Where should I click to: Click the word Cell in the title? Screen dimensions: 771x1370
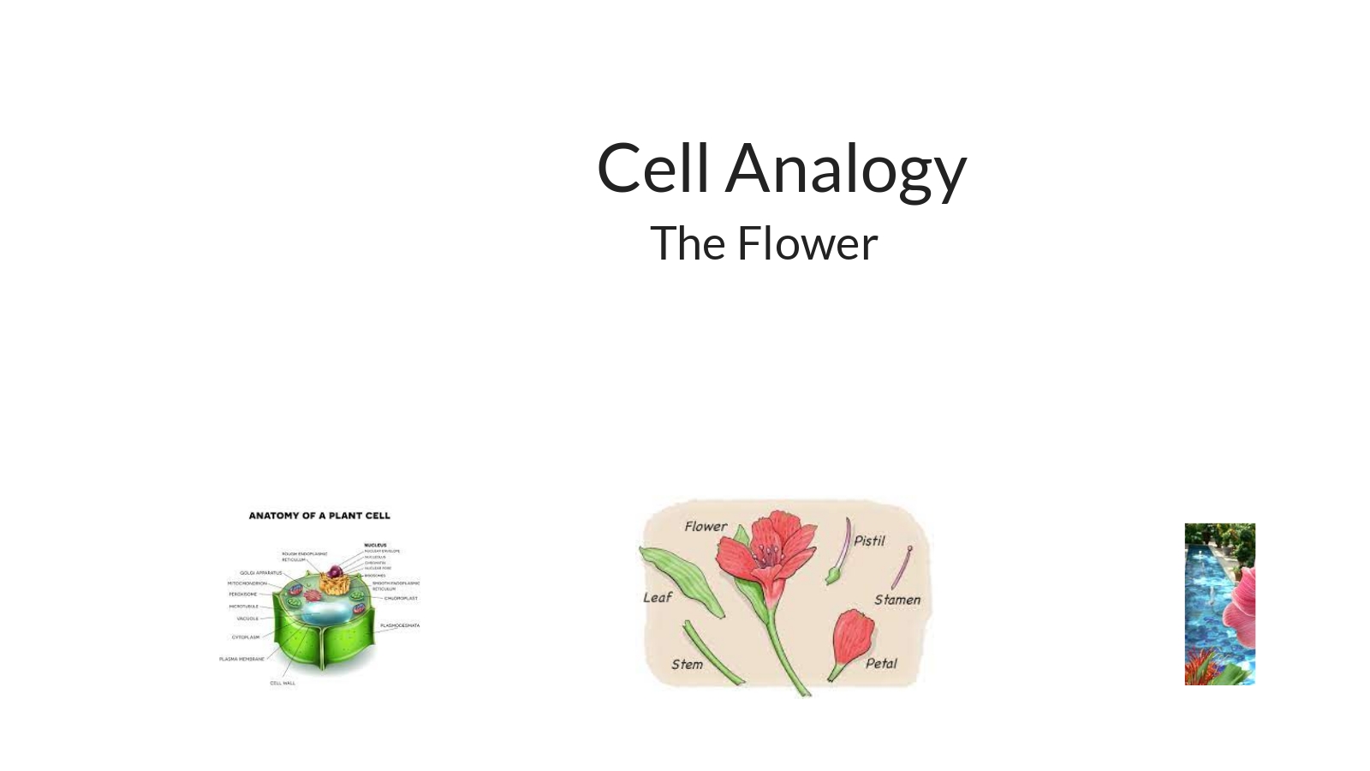pyautogui.click(x=652, y=168)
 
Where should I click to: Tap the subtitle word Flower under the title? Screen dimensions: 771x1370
pyautogui.click(x=807, y=243)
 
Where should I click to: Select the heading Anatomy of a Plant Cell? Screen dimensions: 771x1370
pyautogui.click(x=319, y=516)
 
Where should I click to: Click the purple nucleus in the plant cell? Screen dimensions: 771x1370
pyautogui.click(x=335, y=571)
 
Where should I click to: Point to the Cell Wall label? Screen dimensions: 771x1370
pyautogui.click(x=283, y=683)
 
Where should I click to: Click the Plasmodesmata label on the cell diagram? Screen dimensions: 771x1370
pyautogui.click(x=400, y=625)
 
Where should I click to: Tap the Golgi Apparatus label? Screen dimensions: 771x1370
pyautogui.click(x=260, y=573)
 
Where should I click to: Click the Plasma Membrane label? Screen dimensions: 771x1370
pyautogui.click(x=241, y=659)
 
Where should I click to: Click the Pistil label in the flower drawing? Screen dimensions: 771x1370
pyautogui.click(x=869, y=541)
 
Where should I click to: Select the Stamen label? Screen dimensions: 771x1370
pyautogui.click(x=897, y=600)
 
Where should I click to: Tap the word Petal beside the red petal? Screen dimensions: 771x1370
pyautogui.click(x=881, y=663)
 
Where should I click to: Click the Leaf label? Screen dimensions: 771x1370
pyautogui.click(x=658, y=597)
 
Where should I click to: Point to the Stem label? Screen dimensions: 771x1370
pyautogui.click(x=687, y=664)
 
